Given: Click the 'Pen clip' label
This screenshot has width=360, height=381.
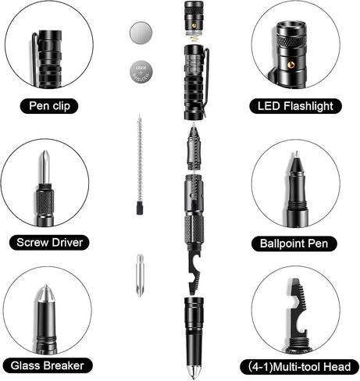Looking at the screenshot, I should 49,105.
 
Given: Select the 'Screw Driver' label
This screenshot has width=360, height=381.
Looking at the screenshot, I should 49,242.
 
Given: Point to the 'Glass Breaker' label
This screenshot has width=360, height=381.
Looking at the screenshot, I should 48,365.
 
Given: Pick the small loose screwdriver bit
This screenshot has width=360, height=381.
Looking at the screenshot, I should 140,274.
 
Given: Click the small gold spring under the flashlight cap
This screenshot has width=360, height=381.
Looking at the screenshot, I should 193,37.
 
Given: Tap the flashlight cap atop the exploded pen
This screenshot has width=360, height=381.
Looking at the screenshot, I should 193,16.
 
